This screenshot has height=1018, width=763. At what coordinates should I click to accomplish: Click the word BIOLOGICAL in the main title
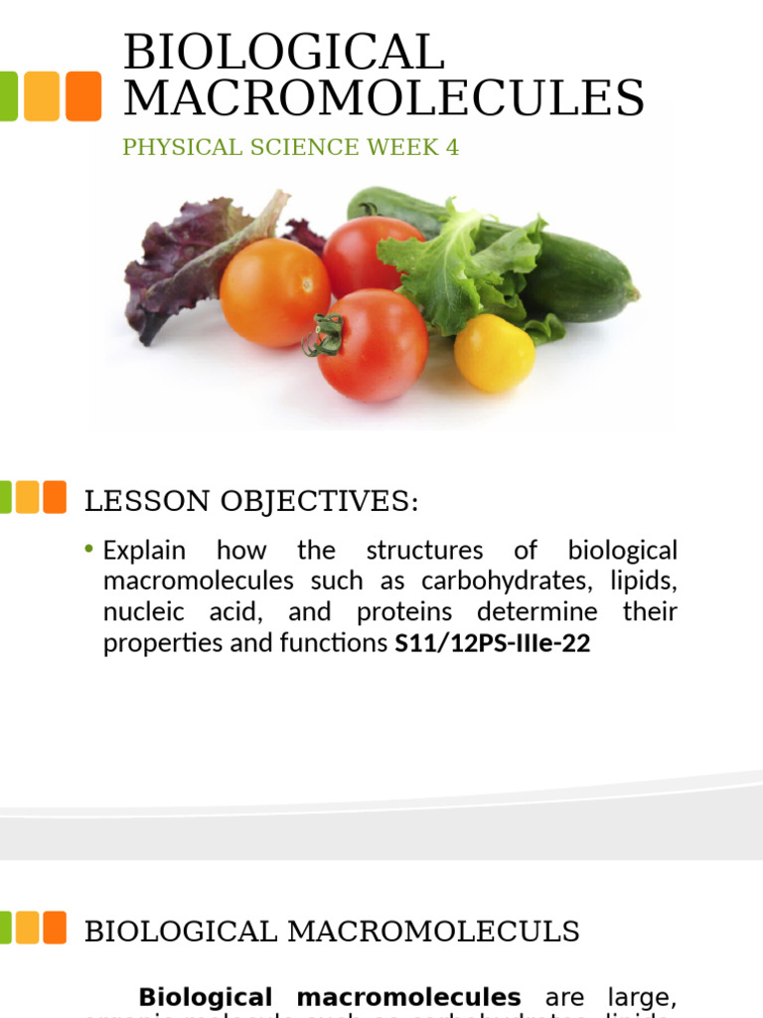click(x=284, y=53)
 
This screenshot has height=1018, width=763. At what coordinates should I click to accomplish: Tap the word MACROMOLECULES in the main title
click(x=383, y=98)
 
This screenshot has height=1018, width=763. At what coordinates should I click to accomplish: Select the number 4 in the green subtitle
click(x=453, y=148)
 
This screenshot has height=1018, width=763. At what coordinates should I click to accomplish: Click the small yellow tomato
click(x=494, y=352)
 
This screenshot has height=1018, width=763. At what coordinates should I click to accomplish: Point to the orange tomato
click(x=274, y=292)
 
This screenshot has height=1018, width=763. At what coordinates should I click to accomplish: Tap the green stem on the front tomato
click(x=324, y=335)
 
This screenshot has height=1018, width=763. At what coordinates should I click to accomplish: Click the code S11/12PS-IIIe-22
click(x=492, y=643)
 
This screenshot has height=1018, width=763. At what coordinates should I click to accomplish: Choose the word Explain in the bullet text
click(x=144, y=551)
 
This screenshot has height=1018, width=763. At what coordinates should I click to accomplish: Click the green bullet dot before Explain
click(x=89, y=550)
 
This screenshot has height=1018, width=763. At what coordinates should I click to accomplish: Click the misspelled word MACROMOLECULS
click(x=433, y=933)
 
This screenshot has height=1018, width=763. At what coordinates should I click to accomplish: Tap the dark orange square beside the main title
click(x=83, y=95)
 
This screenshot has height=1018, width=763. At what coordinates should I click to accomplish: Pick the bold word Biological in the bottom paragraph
click(x=205, y=997)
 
